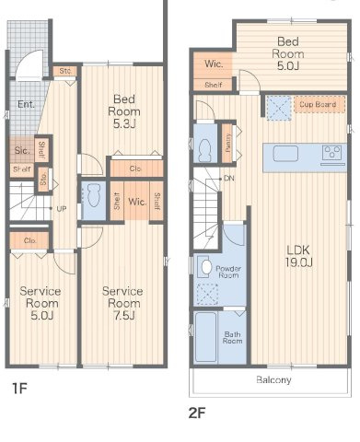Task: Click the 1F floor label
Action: pyautogui.click(x=19, y=389)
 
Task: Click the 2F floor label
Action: pyautogui.click(x=197, y=413)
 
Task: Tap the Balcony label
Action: pyautogui.click(x=273, y=380)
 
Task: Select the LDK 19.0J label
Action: pyautogui.click(x=299, y=256)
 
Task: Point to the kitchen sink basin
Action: pyautogui.click(x=285, y=154)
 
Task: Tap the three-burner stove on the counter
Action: pyautogui.click(x=332, y=152)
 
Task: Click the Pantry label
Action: pyautogui.click(x=228, y=143)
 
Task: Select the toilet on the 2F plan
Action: pyautogui.click(x=205, y=151)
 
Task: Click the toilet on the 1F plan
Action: pyautogui.click(x=94, y=194)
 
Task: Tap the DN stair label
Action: pyautogui.click(x=229, y=179)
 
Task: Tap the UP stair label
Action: pyautogui.click(x=62, y=209)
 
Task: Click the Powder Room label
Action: pyautogui.click(x=228, y=272)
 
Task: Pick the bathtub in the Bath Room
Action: pyautogui.click(x=205, y=337)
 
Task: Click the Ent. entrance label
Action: pyautogui.click(x=26, y=104)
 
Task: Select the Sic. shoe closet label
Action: pyautogui.click(x=22, y=150)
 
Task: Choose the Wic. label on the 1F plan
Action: pyautogui.click(x=137, y=202)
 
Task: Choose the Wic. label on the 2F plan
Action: pyautogui.click(x=214, y=64)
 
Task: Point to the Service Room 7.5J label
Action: pyautogui.click(x=122, y=303)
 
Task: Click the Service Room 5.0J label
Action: pyautogui.click(x=41, y=303)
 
